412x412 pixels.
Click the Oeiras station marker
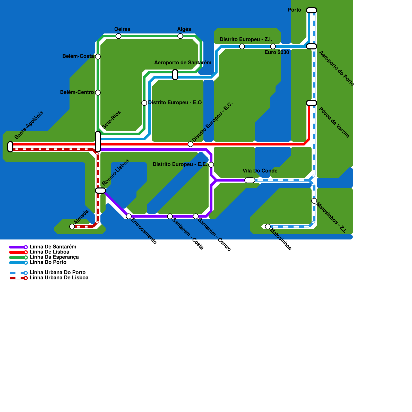coord(118,36)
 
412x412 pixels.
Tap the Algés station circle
coord(180,36)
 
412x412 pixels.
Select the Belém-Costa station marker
coord(98,57)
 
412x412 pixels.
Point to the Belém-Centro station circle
coord(98,93)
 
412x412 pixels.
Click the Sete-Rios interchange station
coord(98,142)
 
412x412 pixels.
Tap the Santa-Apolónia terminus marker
coord(10,147)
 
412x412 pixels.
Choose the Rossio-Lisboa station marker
coord(100,191)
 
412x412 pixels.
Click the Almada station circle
coord(72,227)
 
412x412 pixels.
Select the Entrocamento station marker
coord(129,216)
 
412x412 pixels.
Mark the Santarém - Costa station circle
coord(170,216)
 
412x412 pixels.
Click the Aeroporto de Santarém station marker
coord(175,75)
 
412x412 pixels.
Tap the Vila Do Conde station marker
coord(250,180)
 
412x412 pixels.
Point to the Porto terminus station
coord(312,10)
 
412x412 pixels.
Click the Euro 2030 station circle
coord(273,46)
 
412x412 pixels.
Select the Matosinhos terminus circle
coord(268,227)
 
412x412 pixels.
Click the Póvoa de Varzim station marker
coord(312,103)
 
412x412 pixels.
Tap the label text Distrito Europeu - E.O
coord(175,103)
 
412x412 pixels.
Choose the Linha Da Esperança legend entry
coord(54,257)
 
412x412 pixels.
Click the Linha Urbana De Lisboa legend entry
coord(59,278)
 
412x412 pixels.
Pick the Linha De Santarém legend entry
coord(53,247)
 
